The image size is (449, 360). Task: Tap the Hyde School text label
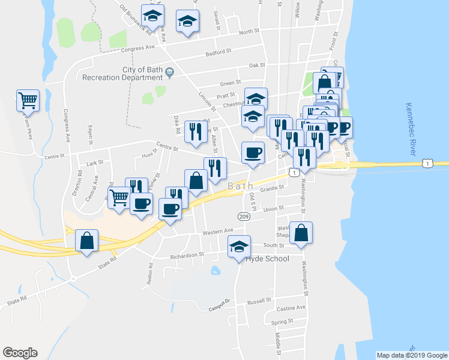tap(268, 259)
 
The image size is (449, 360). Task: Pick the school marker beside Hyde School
tap(239, 246)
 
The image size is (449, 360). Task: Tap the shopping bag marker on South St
tap(301, 233)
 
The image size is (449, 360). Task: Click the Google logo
tap(20, 353)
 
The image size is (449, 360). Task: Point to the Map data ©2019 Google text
tap(411, 355)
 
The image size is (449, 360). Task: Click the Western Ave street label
tap(218, 231)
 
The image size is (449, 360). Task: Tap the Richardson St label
tap(188, 254)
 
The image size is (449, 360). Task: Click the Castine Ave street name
tap(292, 307)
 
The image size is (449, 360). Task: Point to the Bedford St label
tap(218, 52)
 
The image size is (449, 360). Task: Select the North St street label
tap(249, 32)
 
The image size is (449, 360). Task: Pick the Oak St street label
tap(257, 65)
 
